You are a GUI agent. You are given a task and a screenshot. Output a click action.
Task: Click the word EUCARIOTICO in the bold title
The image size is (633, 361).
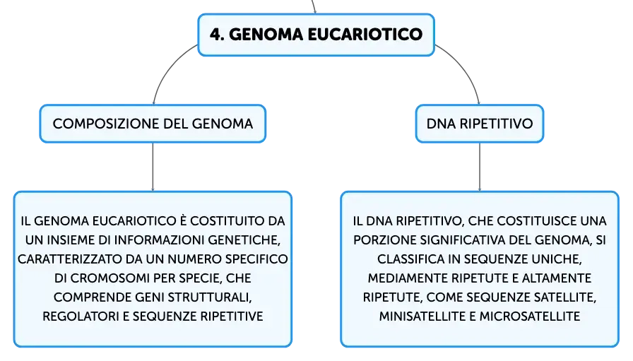click(365, 35)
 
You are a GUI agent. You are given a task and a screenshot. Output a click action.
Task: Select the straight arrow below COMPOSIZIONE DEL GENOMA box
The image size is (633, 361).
click(153, 167)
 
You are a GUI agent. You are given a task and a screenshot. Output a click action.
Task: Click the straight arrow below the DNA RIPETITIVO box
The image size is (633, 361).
click(480, 167)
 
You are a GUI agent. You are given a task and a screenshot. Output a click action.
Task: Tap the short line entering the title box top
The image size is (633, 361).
click(314, 7)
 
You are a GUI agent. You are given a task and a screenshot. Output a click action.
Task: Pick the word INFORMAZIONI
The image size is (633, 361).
click(160, 240)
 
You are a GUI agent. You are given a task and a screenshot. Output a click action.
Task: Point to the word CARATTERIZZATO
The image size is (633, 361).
click(69, 259)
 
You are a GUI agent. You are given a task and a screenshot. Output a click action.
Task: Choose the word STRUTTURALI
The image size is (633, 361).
click(210, 297)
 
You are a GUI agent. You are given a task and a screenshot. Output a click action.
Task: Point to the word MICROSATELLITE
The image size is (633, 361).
click(530, 316)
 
